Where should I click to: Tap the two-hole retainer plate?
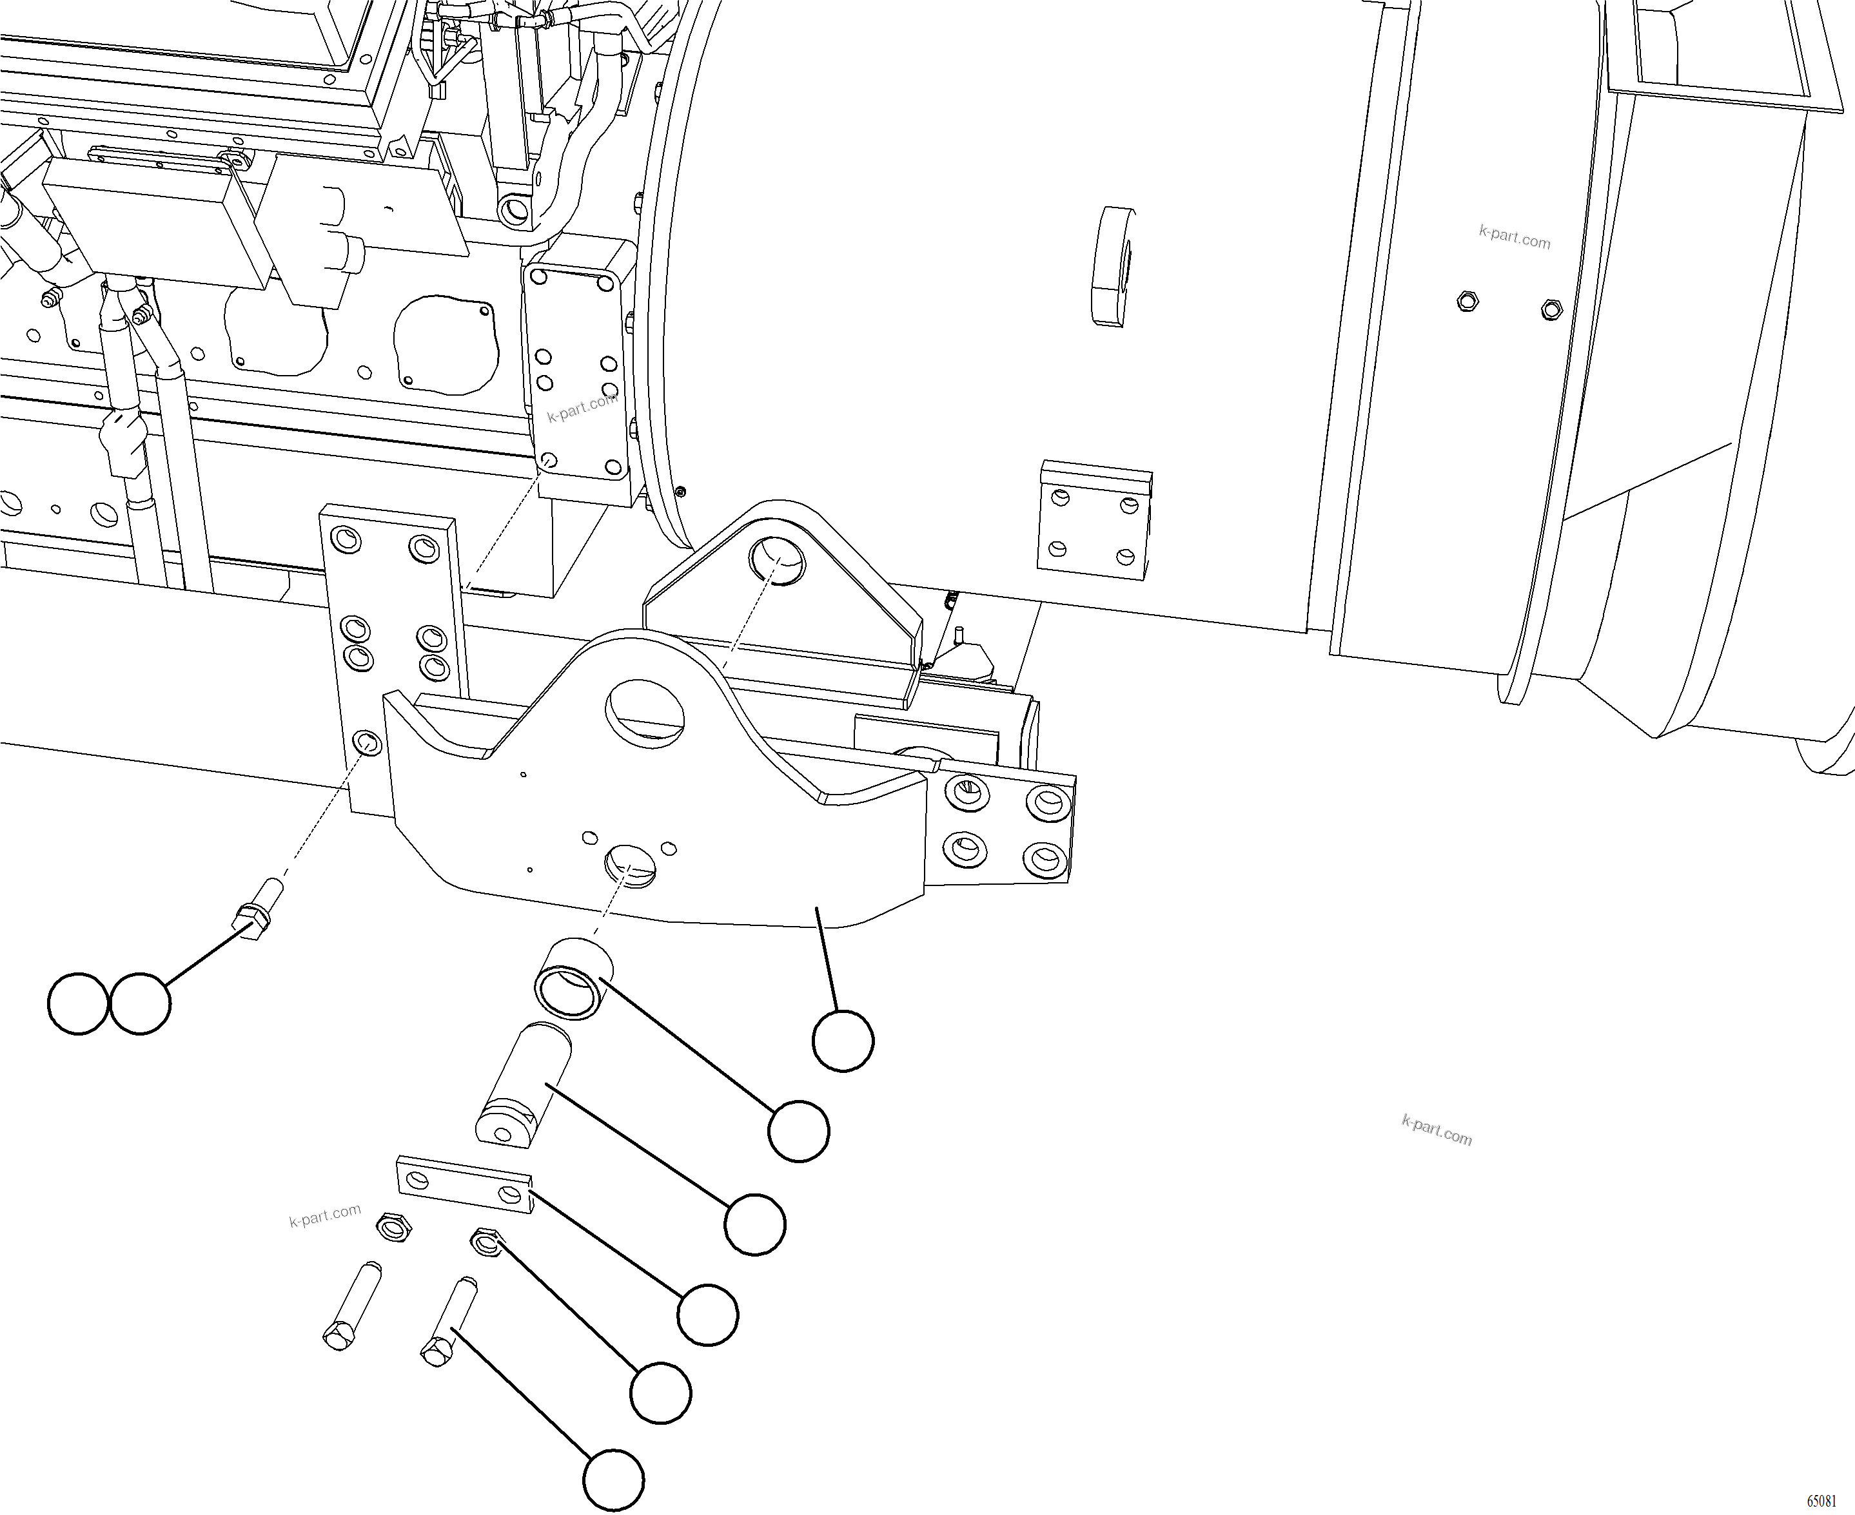466,1185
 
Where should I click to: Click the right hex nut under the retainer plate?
484,1242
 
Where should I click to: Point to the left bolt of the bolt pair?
353,1306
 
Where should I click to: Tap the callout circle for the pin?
755,1224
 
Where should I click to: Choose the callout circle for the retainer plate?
708,1315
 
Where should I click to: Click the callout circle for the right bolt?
614,1480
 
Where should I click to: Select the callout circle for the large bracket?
842,1040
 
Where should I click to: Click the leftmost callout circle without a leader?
79,1005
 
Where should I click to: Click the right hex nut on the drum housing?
1550,308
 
